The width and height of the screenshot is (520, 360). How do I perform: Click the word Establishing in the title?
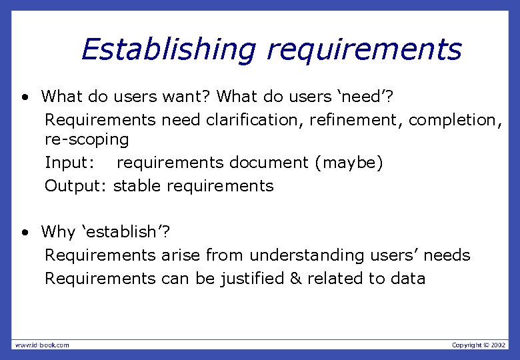(x=168, y=49)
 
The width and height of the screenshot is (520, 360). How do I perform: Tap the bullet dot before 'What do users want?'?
(x=24, y=97)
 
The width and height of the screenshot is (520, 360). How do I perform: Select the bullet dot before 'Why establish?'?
(x=24, y=233)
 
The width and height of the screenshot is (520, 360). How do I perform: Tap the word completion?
(x=455, y=119)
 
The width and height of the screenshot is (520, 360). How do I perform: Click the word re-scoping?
(x=87, y=140)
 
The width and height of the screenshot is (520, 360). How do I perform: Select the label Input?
(x=69, y=163)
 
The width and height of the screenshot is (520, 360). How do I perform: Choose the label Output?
(x=76, y=185)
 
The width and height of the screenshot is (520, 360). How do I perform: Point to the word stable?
(x=137, y=185)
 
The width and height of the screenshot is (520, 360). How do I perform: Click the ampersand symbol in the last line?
(x=296, y=278)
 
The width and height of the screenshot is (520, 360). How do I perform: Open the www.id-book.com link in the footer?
(x=42, y=345)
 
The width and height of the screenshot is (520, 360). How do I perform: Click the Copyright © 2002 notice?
(x=479, y=345)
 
